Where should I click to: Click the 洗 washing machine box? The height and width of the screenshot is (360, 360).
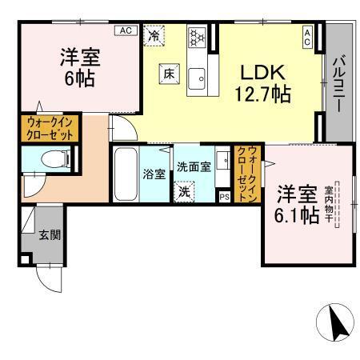pyautogui.click(x=185, y=192)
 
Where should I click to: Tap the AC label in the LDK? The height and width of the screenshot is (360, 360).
pyautogui.click(x=307, y=34)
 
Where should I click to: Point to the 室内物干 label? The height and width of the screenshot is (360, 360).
pyautogui.click(x=328, y=206)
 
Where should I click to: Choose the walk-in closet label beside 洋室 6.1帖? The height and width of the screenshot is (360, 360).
pyautogui.click(x=249, y=174)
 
